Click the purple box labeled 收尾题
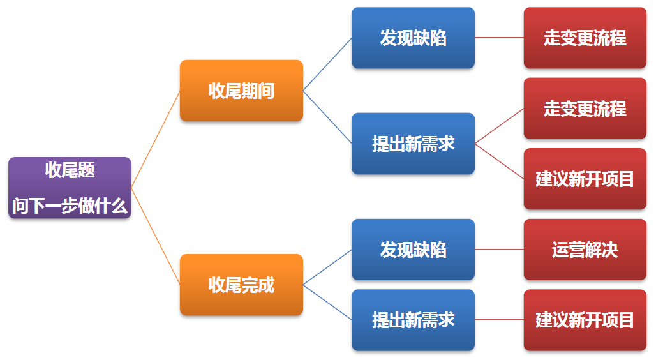tap(70, 188)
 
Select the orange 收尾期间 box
tap(241, 91)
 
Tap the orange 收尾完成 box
tap(241, 285)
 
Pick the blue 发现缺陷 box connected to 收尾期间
tap(414, 38)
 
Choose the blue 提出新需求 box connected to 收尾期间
tap(414, 144)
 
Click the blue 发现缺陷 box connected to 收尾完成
tap(414, 250)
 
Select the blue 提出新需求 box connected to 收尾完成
tap(414, 320)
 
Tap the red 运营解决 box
tap(585, 250)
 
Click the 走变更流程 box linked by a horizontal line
tap(585, 38)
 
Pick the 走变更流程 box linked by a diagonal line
tap(585, 109)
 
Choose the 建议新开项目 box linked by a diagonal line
tap(585, 179)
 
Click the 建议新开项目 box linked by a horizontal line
tap(585, 320)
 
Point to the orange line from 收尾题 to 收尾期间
tap(156, 139)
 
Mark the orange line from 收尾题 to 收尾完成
tap(156, 236)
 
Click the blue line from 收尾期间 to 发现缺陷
tap(327, 64)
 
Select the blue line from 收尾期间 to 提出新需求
tap(327, 117)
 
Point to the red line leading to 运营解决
tap(500, 250)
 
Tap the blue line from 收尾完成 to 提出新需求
tap(327, 302)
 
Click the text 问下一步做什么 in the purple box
tap(70, 206)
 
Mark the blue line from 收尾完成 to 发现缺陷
tap(327, 267)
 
